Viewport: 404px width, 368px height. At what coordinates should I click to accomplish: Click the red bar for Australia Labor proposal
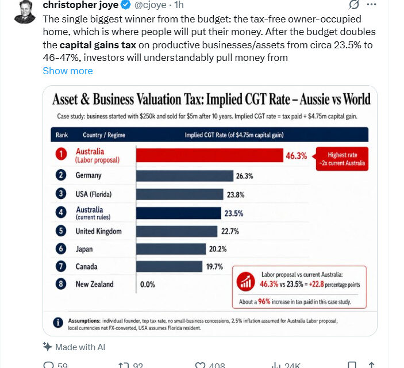tap(210, 155)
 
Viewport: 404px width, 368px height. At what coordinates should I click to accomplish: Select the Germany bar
tap(184, 176)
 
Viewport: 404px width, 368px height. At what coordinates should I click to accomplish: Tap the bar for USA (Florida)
tap(180, 194)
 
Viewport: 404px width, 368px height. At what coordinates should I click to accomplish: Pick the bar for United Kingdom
tap(177, 231)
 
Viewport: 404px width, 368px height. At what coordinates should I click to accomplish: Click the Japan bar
tap(171, 249)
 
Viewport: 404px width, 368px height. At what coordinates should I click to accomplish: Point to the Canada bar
tap(170, 266)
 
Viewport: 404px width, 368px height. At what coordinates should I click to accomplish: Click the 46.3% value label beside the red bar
tap(297, 156)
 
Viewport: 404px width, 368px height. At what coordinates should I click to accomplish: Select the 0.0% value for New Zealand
tap(148, 285)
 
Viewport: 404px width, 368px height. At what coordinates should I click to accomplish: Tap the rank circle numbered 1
tap(61, 154)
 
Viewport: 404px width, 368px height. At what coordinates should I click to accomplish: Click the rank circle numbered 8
tap(61, 284)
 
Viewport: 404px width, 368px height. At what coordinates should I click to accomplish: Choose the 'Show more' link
tap(68, 71)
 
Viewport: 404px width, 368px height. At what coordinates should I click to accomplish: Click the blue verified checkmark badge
tap(126, 5)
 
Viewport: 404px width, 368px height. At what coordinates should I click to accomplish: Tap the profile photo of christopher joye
tap(25, 11)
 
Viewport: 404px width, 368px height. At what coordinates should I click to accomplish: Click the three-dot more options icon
tap(371, 5)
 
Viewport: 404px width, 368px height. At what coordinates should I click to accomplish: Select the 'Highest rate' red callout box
tap(342, 159)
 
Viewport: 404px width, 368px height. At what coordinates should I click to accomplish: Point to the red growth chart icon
tap(246, 281)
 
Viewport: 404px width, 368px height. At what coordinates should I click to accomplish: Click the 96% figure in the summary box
tap(264, 301)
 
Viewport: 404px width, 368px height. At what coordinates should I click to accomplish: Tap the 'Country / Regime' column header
tap(104, 135)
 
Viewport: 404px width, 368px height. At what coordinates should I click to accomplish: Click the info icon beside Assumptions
tap(58, 323)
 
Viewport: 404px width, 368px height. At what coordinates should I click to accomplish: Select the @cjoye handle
tap(150, 5)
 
